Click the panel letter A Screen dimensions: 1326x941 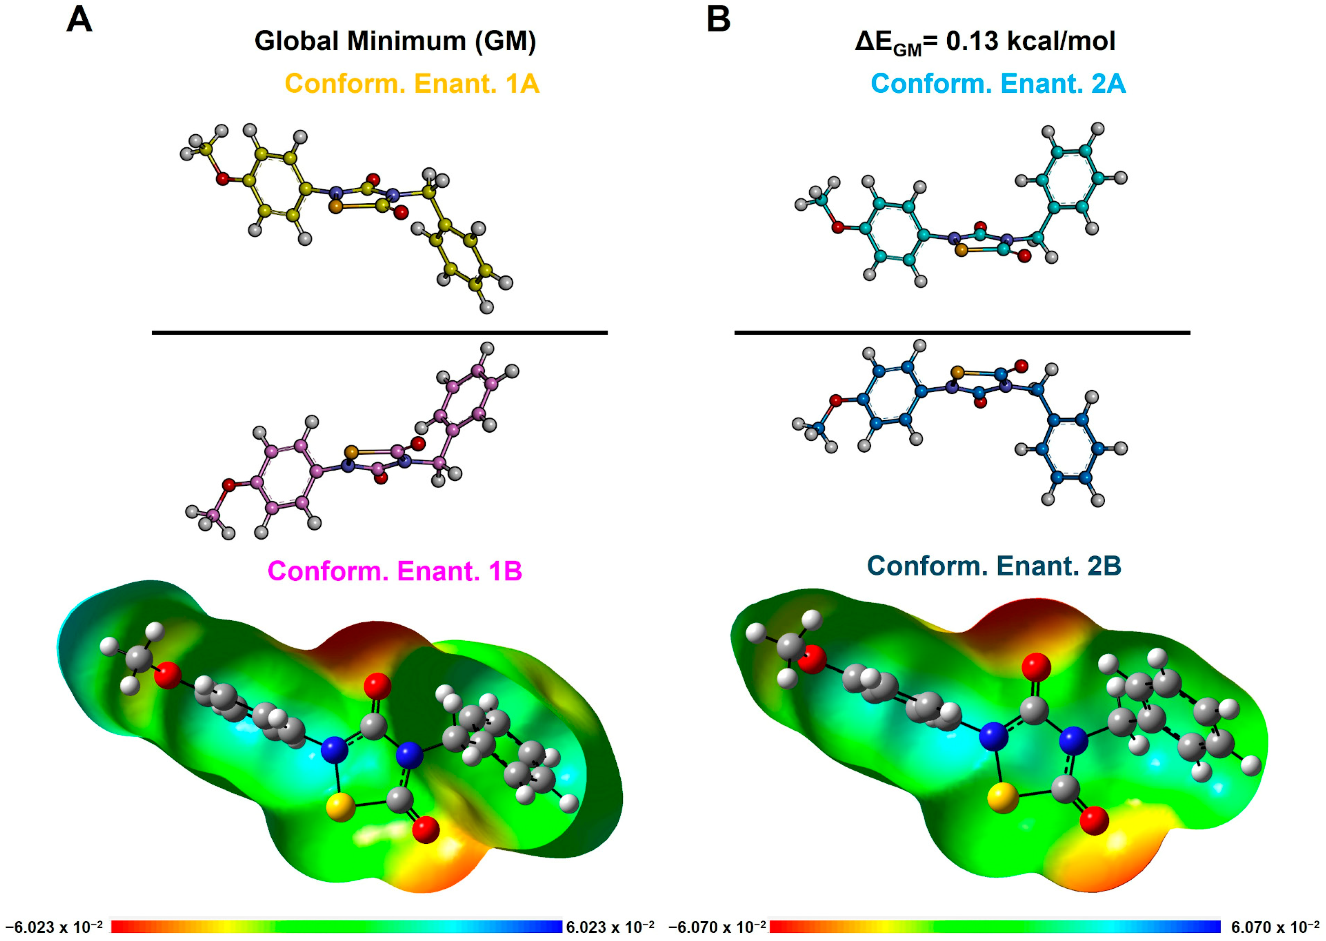click(79, 20)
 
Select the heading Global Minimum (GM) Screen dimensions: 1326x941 click(395, 42)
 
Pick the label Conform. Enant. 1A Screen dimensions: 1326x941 click(412, 84)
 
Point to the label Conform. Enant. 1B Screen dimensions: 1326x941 click(395, 571)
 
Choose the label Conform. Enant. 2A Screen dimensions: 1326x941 click(998, 84)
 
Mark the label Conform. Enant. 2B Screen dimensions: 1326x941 click(994, 566)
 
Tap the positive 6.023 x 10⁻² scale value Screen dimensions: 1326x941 click(610, 927)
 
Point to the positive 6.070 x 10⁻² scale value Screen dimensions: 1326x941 click(1275, 927)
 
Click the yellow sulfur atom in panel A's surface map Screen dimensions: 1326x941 click(341, 807)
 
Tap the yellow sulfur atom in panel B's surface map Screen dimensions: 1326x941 click(1002, 799)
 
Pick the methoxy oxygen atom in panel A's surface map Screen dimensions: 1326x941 click(168, 675)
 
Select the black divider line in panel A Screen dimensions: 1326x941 click(380, 333)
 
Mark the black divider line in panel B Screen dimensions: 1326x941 click(962, 333)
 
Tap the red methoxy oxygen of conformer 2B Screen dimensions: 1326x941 click(835, 401)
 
